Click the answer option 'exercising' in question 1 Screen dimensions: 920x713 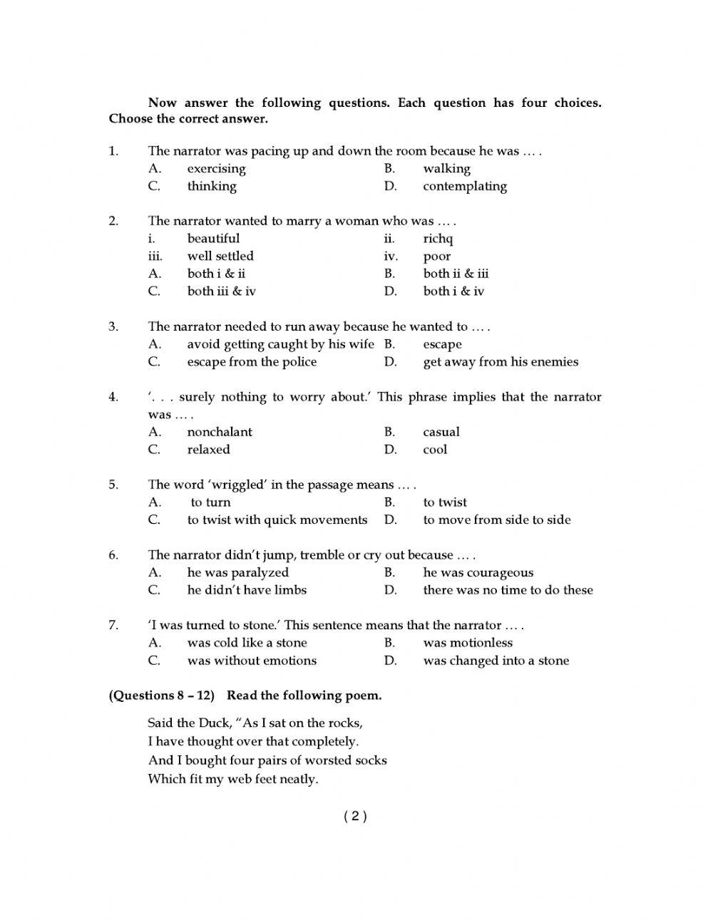pyautogui.click(x=216, y=169)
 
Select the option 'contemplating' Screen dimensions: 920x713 pyautogui.click(x=464, y=187)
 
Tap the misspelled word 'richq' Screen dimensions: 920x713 pyautogui.click(x=438, y=239)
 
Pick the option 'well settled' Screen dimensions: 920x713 pyautogui.click(x=220, y=257)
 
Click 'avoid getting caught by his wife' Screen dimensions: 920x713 pyautogui.click(x=280, y=345)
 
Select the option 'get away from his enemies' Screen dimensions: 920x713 pyautogui.click(x=500, y=362)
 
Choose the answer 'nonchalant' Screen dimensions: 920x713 pyautogui.click(x=220, y=433)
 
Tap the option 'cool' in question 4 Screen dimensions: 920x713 pyautogui.click(x=435, y=450)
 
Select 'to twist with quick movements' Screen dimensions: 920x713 pyautogui.click(x=277, y=520)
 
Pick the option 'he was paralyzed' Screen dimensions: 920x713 pyautogui.click(x=237, y=573)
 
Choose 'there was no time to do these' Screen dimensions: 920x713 pyautogui.click(x=508, y=590)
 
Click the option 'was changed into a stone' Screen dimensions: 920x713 pyautogui.click(x=496, y=661)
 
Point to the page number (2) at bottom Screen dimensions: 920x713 pyautogui.click(x=355, y=817)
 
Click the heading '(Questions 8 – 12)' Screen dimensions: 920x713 pyautogui.click(x=161, y=696)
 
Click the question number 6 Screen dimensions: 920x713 pyautogui.click(x=113, y=555)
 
